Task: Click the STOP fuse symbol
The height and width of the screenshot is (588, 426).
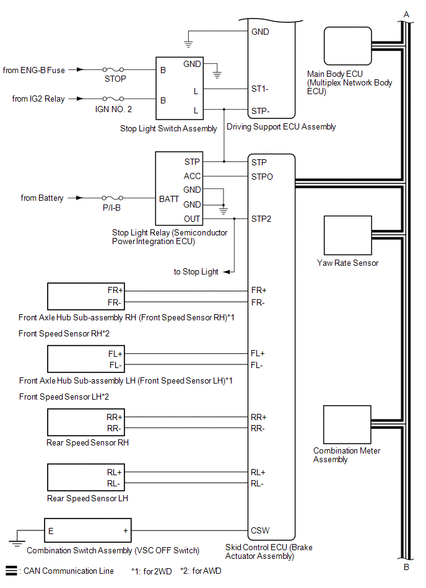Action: pos(113,69)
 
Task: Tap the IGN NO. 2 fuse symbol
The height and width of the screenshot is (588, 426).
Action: pos(113,99)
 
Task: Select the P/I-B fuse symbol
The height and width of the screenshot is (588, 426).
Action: pos(113,198)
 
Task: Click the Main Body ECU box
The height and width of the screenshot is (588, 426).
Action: pos(348,46)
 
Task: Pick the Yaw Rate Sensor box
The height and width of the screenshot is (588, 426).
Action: pos(348,235)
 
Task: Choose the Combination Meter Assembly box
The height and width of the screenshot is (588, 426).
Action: pos(347,424)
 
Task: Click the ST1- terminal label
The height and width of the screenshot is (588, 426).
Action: pos(259,89)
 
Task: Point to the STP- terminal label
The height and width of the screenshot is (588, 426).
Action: pos(261,111)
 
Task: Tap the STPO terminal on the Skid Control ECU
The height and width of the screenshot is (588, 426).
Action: pos(262,177)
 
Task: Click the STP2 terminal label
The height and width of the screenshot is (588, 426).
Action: pos(261,219)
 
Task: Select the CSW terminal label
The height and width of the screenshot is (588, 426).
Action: pos(260,530)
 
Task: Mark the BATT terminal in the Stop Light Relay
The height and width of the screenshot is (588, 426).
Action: pos(169,199)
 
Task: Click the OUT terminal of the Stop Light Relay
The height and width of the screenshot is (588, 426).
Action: pos(192,219)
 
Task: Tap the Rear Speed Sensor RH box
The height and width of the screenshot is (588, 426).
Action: pos(86,422)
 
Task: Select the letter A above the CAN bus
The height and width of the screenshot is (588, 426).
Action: pos(406,15)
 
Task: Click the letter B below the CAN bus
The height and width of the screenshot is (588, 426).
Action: pos(406,567)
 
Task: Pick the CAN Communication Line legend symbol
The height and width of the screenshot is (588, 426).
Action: pos(11,571)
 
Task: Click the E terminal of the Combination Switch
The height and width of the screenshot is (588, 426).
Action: pos(51,531)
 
